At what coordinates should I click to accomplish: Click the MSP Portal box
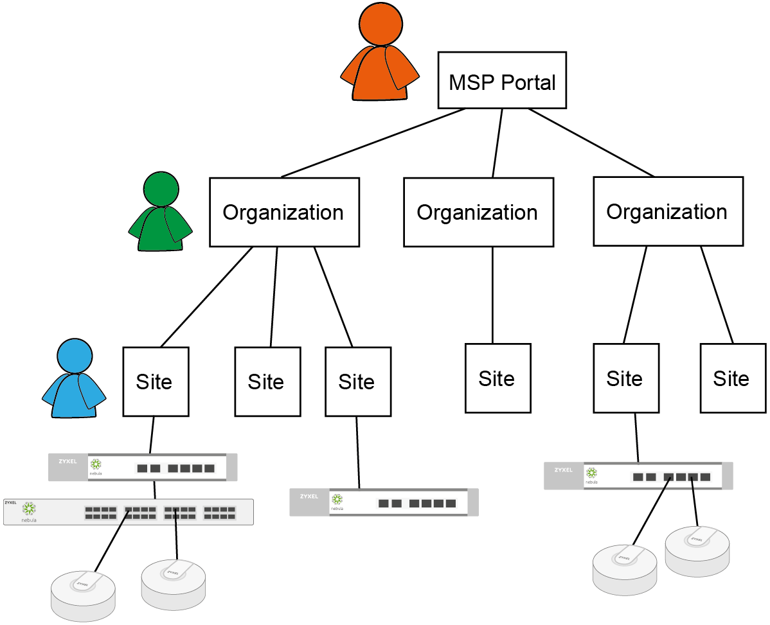(x=502, y=80)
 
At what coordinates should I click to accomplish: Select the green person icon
(x=161, y=213)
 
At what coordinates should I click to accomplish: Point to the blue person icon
(x=74, y=380)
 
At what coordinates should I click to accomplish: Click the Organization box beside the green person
(x=284, y=212)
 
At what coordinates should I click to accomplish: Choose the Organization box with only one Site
(x=478, y=212)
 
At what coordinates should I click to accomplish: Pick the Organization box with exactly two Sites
(x=668, y=211)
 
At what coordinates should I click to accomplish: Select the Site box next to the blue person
(x=156, y=382)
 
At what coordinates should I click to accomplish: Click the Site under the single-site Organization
(x=497, y=378)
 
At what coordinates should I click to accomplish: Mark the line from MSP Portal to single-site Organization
(x=497, y=143)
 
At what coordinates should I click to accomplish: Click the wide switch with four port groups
(x=129, y=512)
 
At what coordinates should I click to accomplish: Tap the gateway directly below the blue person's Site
(x=143, y=467)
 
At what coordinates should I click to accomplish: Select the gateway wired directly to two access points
(x=638, y=476)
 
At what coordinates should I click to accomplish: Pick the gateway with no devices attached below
(x=384, y=502)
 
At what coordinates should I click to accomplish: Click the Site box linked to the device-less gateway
(x=357, y=382)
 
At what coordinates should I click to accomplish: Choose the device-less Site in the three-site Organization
(x=267, y=382)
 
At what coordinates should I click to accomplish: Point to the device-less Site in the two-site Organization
(x=732, y=378)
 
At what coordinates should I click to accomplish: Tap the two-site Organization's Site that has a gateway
(x=625, y=378)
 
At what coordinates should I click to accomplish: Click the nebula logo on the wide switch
(x=29, y=510)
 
